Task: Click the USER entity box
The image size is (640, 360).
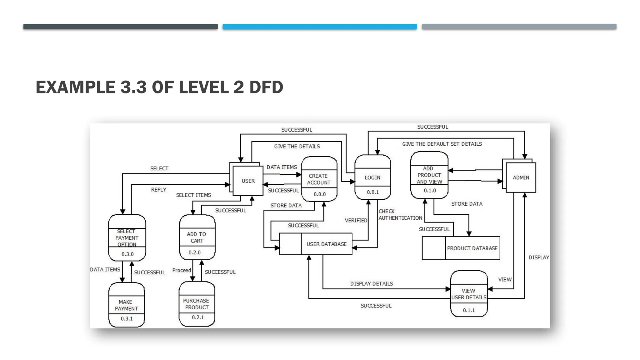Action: (248, 181)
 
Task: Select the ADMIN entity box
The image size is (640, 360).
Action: (521, 177)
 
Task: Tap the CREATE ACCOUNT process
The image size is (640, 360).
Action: (319, 179)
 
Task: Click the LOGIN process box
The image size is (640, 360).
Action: (372, 177)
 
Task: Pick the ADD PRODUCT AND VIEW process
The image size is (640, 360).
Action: (429, 175)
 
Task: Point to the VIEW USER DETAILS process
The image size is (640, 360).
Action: (469, 294)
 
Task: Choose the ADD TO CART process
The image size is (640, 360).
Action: (197, 237)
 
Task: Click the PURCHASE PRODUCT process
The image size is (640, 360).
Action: (197, 304)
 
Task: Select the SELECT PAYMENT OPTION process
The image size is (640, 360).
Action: (127, 238)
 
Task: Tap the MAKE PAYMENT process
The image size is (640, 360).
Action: (126, 305)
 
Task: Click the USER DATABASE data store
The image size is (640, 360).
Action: (326, 244)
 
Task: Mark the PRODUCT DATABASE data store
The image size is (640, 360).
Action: (472, 248)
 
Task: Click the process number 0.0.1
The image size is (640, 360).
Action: (373, 192)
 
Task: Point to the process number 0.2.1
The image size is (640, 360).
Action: (198, 317)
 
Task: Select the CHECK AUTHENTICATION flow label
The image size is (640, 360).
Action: (400, 215)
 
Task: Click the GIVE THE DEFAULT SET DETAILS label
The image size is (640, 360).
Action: (442, 144)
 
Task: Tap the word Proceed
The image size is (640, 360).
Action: (182, 270)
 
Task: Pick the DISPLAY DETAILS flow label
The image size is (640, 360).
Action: (372, 283)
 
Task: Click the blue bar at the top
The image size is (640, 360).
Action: (320, 27)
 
